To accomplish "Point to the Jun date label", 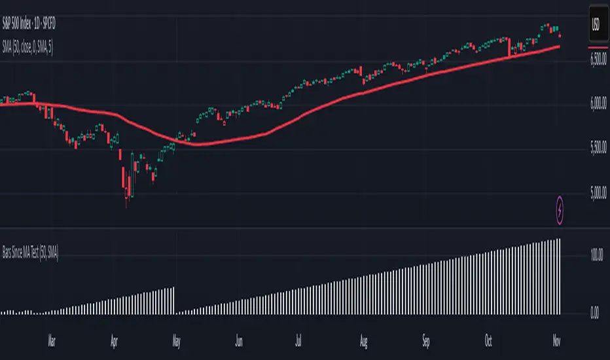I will coord(240,340).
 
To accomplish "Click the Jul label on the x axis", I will coord(299,340).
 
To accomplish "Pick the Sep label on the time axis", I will coord(426,340).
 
